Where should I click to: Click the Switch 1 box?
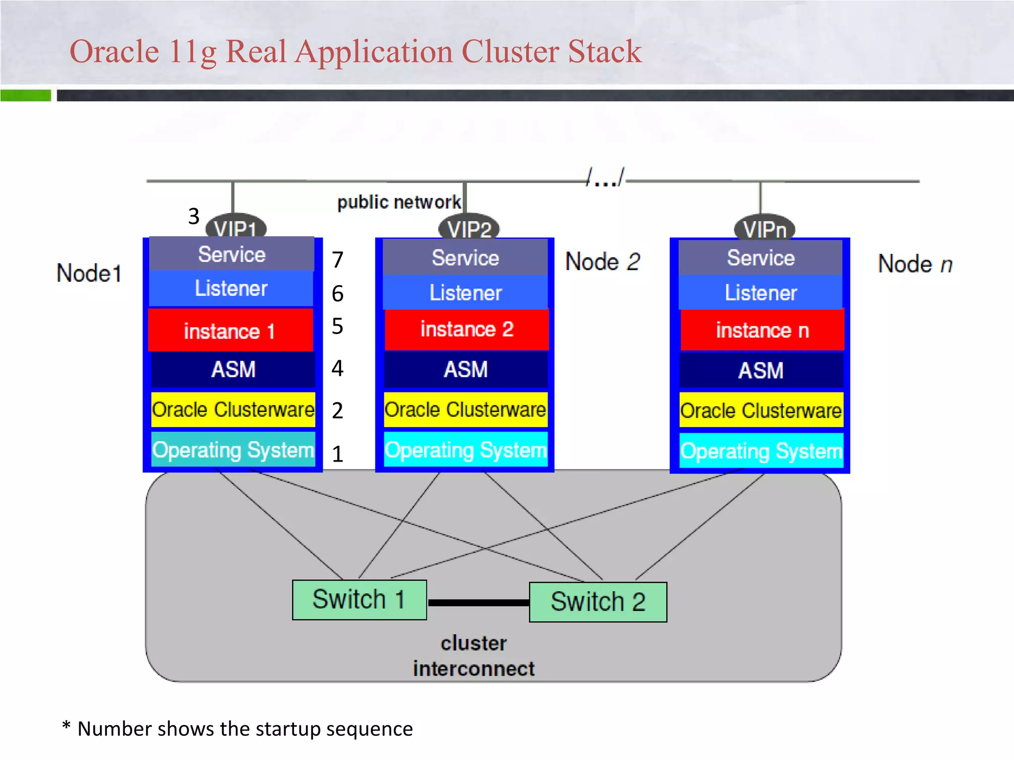[x=359, y=600]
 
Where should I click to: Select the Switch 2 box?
[x=598, y=602]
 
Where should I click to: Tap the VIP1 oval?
[x=236, y=228]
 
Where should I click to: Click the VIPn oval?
[x=764, y=228]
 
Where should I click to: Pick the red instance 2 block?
[x=466, y=330]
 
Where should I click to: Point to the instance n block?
[x=762, y=330]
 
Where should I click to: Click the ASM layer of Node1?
[x=233, y=369]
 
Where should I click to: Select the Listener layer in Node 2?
[x=465, y=292]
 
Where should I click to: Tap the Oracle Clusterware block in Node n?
[x=761, y=410]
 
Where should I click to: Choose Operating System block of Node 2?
[x=465, y=450]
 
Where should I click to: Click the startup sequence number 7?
[x=338, y=260]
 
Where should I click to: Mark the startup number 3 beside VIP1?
[x=194, y=216]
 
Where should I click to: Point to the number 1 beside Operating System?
[x=338, y=454]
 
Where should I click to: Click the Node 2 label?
[x=603, y=262]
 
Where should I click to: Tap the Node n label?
[x=915, y=264]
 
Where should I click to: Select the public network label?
[x=399, y=202]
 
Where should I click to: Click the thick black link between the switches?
[x=478, y=603]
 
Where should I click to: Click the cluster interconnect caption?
[x=474, y=656]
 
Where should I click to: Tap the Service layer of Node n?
[x=760, y=258]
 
